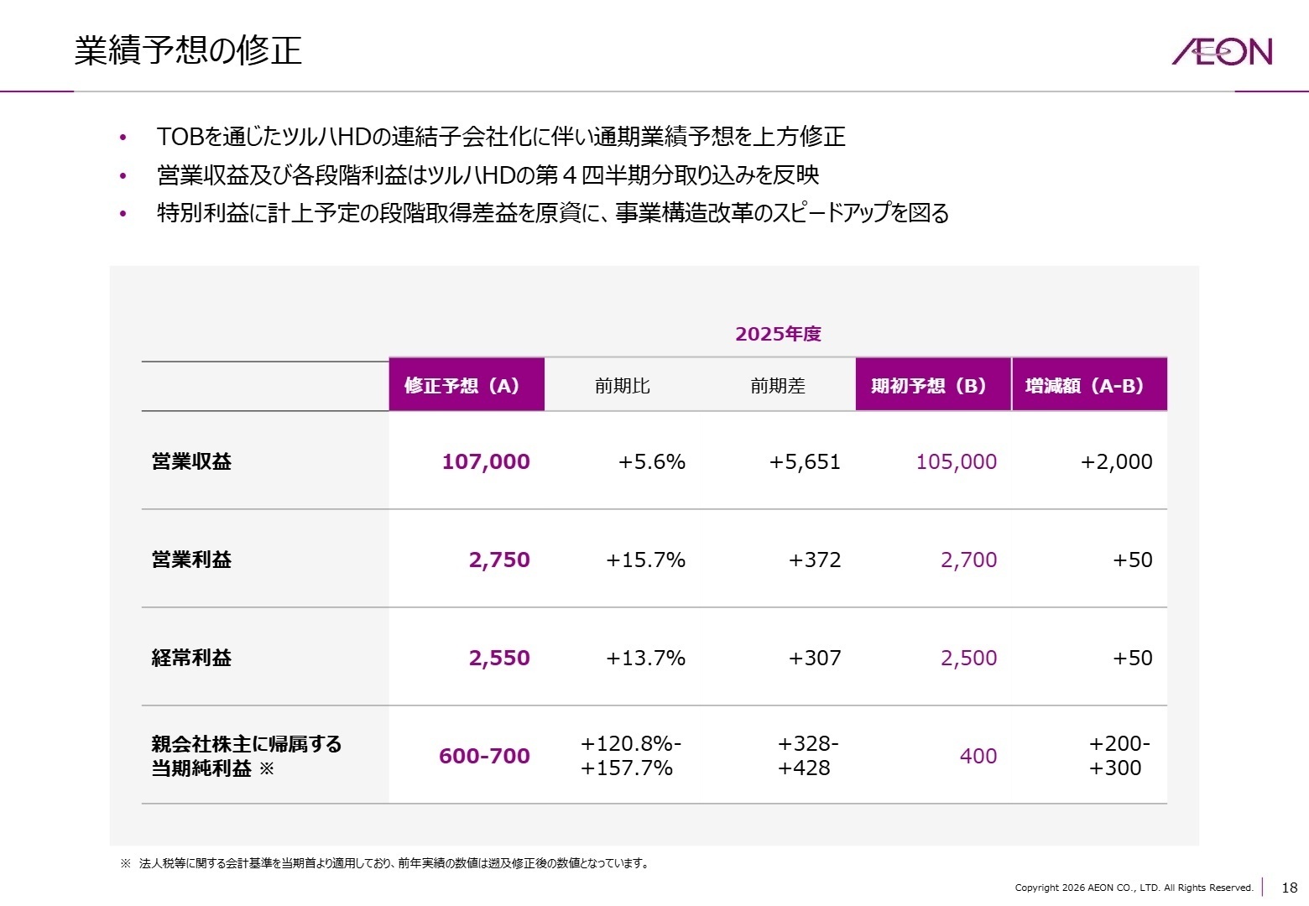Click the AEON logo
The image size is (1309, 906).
point(1222,51)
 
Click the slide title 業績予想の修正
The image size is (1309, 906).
point(188,50)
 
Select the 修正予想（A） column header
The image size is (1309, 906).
point(466,385)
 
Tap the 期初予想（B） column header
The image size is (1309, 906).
point(932,385)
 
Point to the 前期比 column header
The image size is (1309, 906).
point(622,386)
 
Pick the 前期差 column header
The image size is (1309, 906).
point(777,386)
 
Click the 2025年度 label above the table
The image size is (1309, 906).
point(778,334)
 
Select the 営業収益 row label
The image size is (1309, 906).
point(191,461)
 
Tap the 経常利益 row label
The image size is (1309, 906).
point(191,658)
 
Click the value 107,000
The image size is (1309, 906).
point(485,461)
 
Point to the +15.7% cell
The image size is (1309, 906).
point(645,560)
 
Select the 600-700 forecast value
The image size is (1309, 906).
point(484,756)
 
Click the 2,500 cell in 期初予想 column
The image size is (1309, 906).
point(968,658)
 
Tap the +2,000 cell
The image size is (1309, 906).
point(1116,461)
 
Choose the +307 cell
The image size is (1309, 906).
point(814,658)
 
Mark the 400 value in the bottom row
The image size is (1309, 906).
point(978,756)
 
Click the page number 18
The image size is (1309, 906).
point(1289,888)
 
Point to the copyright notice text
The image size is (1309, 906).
point(1134,888)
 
